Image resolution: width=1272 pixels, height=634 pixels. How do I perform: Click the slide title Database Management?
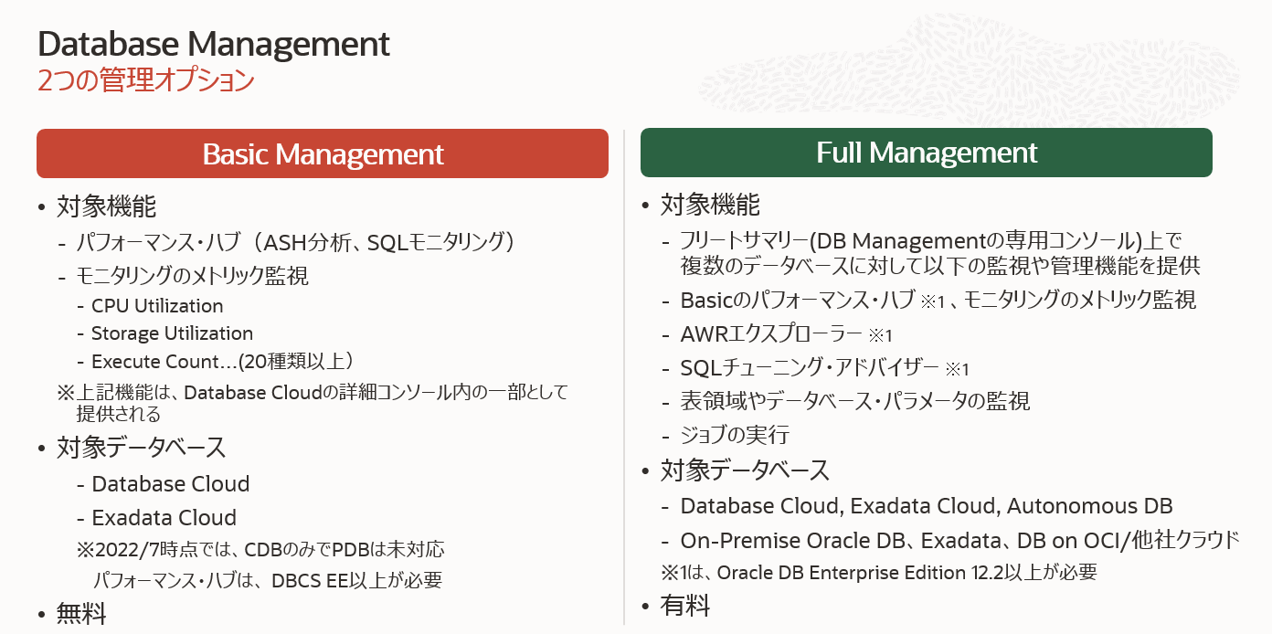click(x=214, y=44)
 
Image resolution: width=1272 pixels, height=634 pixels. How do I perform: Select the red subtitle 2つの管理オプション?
click(x=145, y=80)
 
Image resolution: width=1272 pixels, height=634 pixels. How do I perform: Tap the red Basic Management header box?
click(x=323, y=153)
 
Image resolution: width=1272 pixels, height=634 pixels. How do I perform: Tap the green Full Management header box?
click(x=926, y=153)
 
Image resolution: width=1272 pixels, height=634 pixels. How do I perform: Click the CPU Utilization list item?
click(x=157, y=306)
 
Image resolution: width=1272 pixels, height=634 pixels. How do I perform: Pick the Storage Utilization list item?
click(x=172, y=333)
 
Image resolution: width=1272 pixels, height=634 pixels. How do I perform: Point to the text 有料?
click(x=685, y=605)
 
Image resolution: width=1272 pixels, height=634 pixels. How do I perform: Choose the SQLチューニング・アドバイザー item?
click(x=810, y=368)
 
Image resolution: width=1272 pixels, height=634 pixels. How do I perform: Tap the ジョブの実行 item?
click(x=735, y=435)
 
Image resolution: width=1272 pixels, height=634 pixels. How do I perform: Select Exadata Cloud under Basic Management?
click(x=164, y=518)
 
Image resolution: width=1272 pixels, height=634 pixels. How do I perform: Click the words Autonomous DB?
click(x=1089, y=506)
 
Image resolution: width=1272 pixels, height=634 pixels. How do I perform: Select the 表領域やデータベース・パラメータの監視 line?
click(x=854, y=401)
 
